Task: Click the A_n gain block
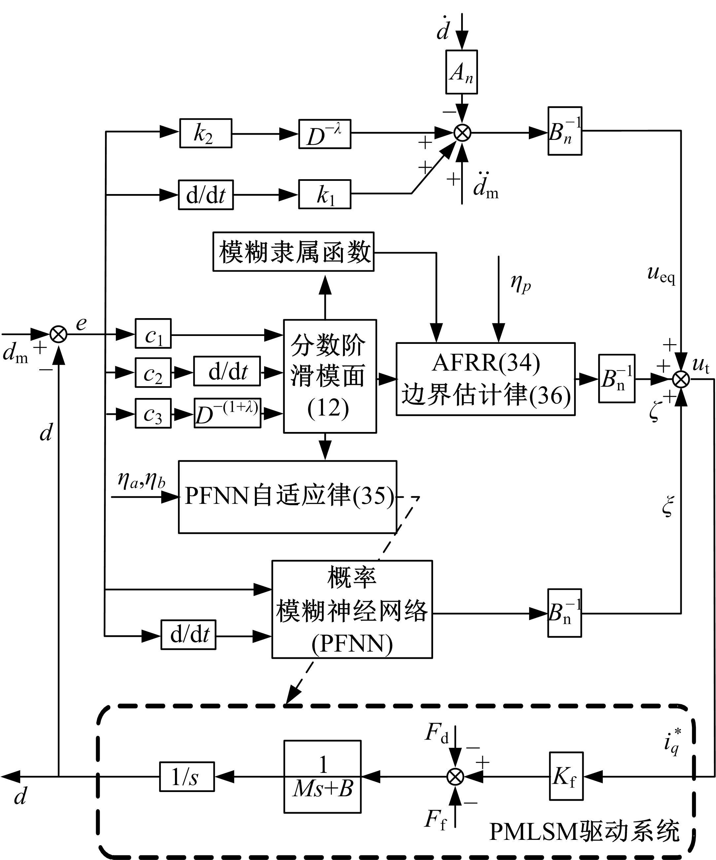pyautogui.click(x=461, y=72)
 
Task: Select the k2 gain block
pyautogui.click(x=206, y=133)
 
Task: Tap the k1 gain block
pyautogui.click(x=324, y=194)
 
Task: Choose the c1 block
pyautogui.click(x=153, y=334)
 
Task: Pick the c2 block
pyautogui.click(x=153, y=372)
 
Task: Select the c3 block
pyautogui.click(x=153, y=413)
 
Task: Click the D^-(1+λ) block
pyautogui.click(x=227, y=413)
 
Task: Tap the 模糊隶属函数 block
pyautogui.click(x=293, y=251)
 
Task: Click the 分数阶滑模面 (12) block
pyautogui.click(x=330, y=376)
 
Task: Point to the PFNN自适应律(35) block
pyautogui.click(x=287, y=497)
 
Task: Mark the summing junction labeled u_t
pyautogui.click(x=681, y=379)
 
